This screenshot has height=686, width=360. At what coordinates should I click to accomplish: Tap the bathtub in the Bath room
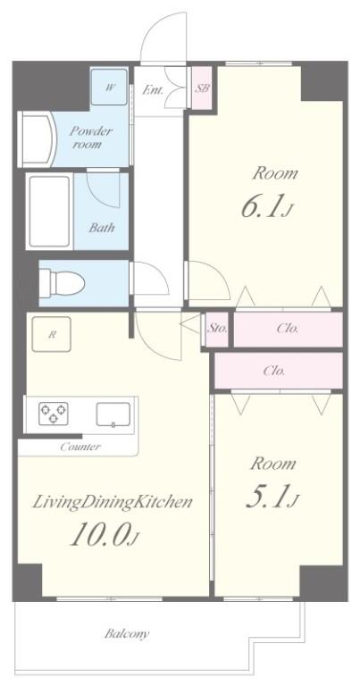point(49,212)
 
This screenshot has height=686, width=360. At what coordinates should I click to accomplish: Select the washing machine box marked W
point(109,87)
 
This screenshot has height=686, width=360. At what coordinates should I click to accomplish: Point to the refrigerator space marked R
point(52,334)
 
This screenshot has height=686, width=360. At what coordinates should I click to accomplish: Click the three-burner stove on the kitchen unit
point(54,414)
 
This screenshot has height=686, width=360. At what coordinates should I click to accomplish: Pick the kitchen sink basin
point(113,414)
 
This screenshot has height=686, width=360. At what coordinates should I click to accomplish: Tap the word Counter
point(80,447)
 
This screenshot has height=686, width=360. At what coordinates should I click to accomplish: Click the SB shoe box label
point(202,88)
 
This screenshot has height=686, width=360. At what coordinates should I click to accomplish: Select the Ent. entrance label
point(153,90)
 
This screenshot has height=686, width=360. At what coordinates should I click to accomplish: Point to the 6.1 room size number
point(262,208)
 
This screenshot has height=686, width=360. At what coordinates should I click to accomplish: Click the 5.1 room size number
point(266,498)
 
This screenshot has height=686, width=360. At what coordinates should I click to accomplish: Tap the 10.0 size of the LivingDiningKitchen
point(101,535)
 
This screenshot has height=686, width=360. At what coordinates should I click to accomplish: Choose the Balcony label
point(127,633)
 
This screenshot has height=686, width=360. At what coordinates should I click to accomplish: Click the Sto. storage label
point(217,328)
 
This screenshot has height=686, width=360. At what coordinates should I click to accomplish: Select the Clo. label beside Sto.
point(288,328)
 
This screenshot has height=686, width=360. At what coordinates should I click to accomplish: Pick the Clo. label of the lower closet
point(274,371)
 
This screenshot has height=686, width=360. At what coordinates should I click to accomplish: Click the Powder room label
point(91,137)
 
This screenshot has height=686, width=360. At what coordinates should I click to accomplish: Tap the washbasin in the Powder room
point(38,138)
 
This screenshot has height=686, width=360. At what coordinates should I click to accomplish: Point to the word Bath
point(102,228)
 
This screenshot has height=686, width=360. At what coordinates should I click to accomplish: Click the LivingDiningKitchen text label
point(113,503)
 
